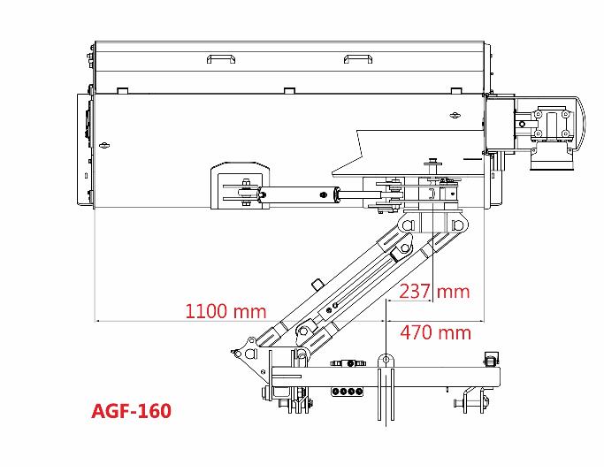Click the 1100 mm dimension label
pyautogui.click(x=226, y=311)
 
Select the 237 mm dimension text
pyautogui.click(x=434, y=292)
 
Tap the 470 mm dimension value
pyautogui.click(x=435, y=332)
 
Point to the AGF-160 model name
pyautogui.click(x=132, y=411)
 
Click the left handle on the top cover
pyautogui.click(x=221, y=59)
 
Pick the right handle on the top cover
pyautogui.click(x=358, y=59)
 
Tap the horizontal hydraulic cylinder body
pyautogui.click(x=296, y=194)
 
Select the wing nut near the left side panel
pyautogui.click(x=103, y=145)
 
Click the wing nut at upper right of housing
pyautogui.click(x=455, y=115)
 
